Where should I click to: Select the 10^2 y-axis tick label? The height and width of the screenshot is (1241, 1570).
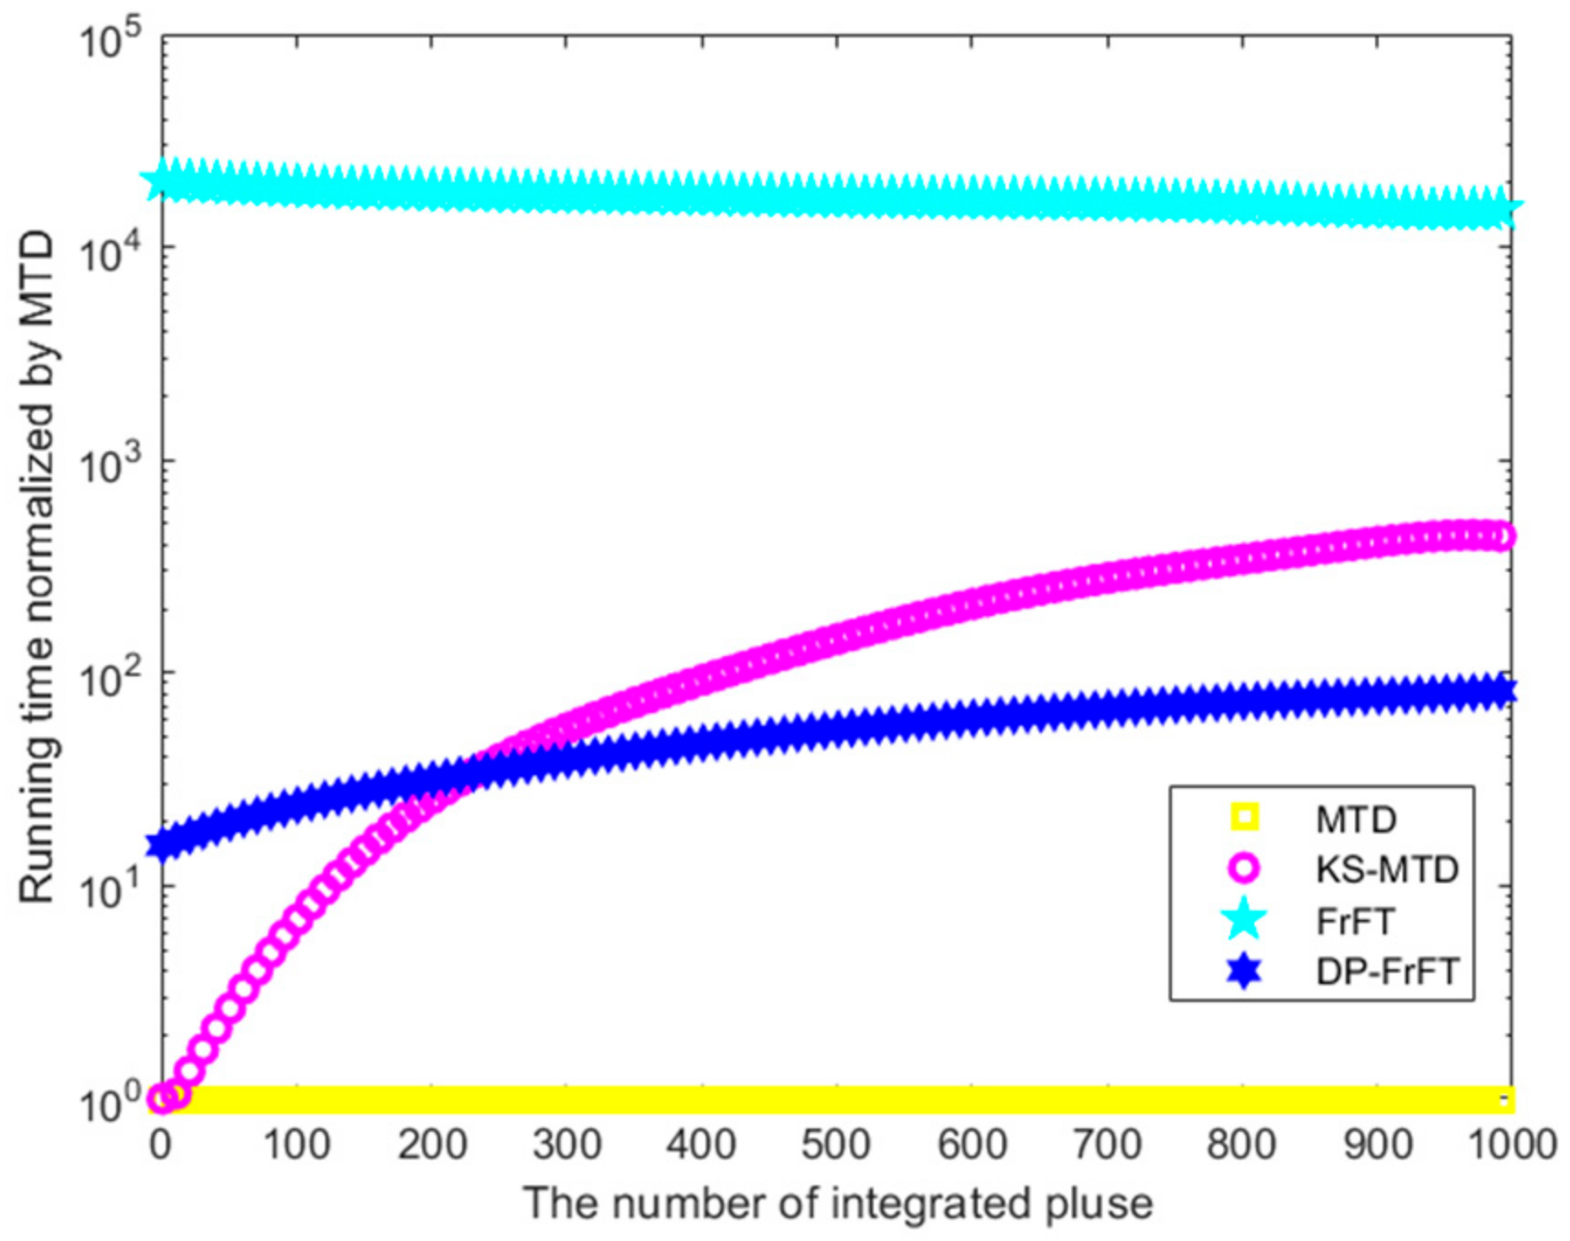pos(108,677)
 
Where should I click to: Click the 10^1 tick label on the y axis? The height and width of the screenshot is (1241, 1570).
pos(108,890)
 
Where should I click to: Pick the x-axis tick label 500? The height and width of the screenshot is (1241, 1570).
pos(836,1145)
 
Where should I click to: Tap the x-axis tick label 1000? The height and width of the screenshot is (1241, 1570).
pos(1510,1145)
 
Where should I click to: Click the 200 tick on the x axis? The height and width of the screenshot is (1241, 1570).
pos(432,1145)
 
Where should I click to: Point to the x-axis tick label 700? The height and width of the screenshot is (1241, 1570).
pos(1106,1145)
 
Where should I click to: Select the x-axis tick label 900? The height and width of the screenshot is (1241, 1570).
pos(1376,1145)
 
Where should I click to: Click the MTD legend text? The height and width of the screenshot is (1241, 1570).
pos(1356,819)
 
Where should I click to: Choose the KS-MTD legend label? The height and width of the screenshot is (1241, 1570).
pos(1387,869)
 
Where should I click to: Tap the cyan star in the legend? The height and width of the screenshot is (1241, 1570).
pos(1244,920)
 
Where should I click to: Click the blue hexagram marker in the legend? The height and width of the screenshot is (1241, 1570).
pos(1244,971)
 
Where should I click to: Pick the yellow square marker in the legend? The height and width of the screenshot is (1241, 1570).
pos(1244,817)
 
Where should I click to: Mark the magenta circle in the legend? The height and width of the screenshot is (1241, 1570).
pos(1244,869)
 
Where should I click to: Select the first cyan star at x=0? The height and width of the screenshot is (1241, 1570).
pos(162,180)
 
